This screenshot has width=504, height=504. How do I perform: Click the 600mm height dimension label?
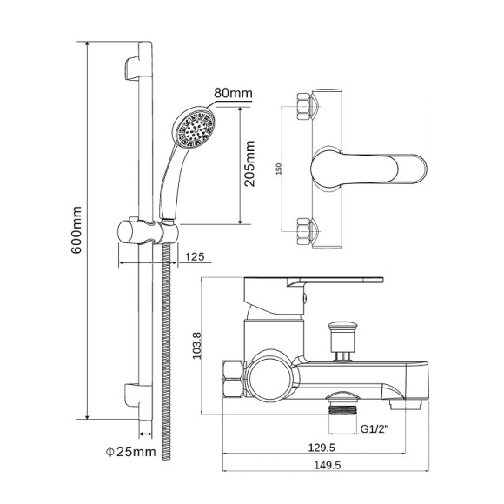(x=76, y=230)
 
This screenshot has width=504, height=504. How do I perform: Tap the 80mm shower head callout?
(x=233, y=93)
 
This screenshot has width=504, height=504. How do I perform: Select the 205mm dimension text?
(x=249, y=163)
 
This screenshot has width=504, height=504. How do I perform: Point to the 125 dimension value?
(x=195, y=257)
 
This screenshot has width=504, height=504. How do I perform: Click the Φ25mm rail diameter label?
(x=131, y=452)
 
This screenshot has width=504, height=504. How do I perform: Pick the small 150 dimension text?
(x=279, y=169)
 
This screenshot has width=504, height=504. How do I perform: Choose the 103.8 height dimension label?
(x=196, y=346)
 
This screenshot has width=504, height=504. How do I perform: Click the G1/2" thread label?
(x=375, y=428)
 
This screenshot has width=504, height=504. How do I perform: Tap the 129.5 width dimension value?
(x=322, y=448)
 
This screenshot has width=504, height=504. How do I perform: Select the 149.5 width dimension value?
(x=328, y=465)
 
